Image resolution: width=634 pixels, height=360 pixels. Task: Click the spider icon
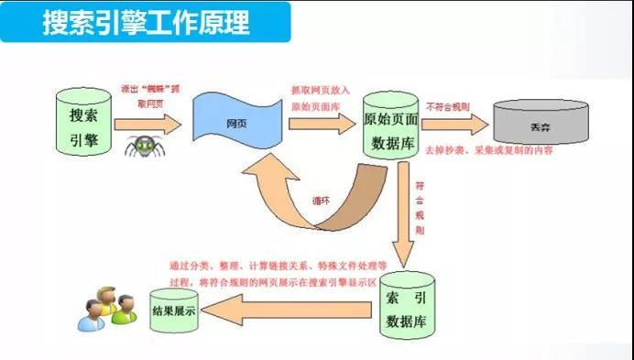coord(142,144)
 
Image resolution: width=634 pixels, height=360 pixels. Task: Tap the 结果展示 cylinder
coord(173,311)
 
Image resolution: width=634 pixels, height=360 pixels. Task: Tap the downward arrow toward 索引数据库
coord(403,220)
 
